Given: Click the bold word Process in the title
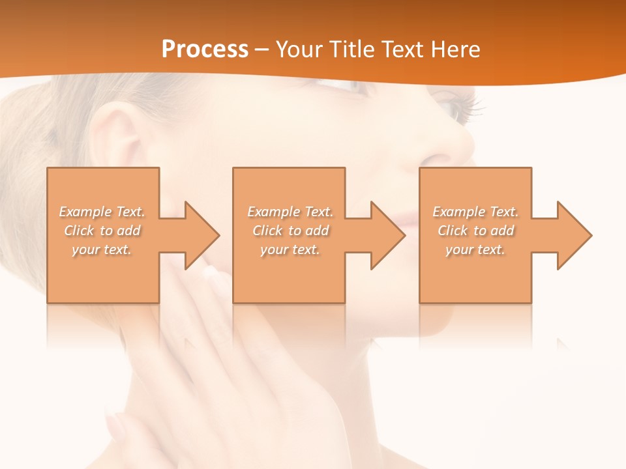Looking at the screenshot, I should pos(205,50).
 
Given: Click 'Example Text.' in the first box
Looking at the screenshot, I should pos(102,212).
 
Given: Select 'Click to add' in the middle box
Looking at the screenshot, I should pos(290,231).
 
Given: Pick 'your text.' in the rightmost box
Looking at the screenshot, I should pos(475,249).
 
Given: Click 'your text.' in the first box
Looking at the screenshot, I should pos(102,249).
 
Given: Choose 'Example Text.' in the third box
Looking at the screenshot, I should pos(475,212).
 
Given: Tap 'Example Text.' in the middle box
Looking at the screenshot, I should pos(290,212).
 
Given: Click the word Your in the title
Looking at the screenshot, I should pos(300,50).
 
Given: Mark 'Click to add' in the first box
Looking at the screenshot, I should pos(102,231).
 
